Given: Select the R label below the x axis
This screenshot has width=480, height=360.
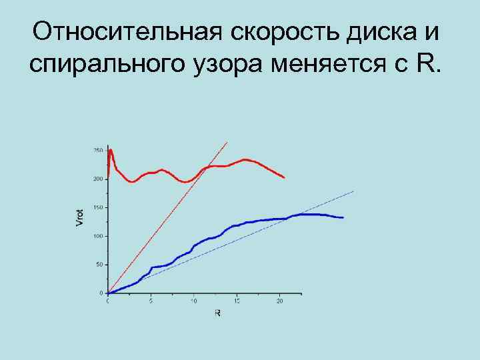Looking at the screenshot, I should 217,312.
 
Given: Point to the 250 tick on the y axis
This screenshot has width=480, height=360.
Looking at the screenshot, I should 98,151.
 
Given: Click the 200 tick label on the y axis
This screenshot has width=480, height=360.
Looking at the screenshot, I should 98,179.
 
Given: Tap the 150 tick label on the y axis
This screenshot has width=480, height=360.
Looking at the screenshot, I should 98,208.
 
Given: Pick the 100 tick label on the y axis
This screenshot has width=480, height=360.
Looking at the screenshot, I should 98,237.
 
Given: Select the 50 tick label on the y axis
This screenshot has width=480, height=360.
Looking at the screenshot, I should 99,265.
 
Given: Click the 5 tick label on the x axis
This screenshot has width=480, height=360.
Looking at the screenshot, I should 151,301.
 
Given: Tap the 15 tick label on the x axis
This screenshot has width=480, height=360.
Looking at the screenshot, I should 237,301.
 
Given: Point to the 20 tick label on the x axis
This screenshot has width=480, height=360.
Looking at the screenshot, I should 279,301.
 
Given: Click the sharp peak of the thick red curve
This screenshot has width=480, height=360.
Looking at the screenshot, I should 111,149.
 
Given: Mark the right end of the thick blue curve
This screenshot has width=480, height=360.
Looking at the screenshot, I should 343,218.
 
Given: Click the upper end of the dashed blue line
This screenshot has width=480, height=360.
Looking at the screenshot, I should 353,191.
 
